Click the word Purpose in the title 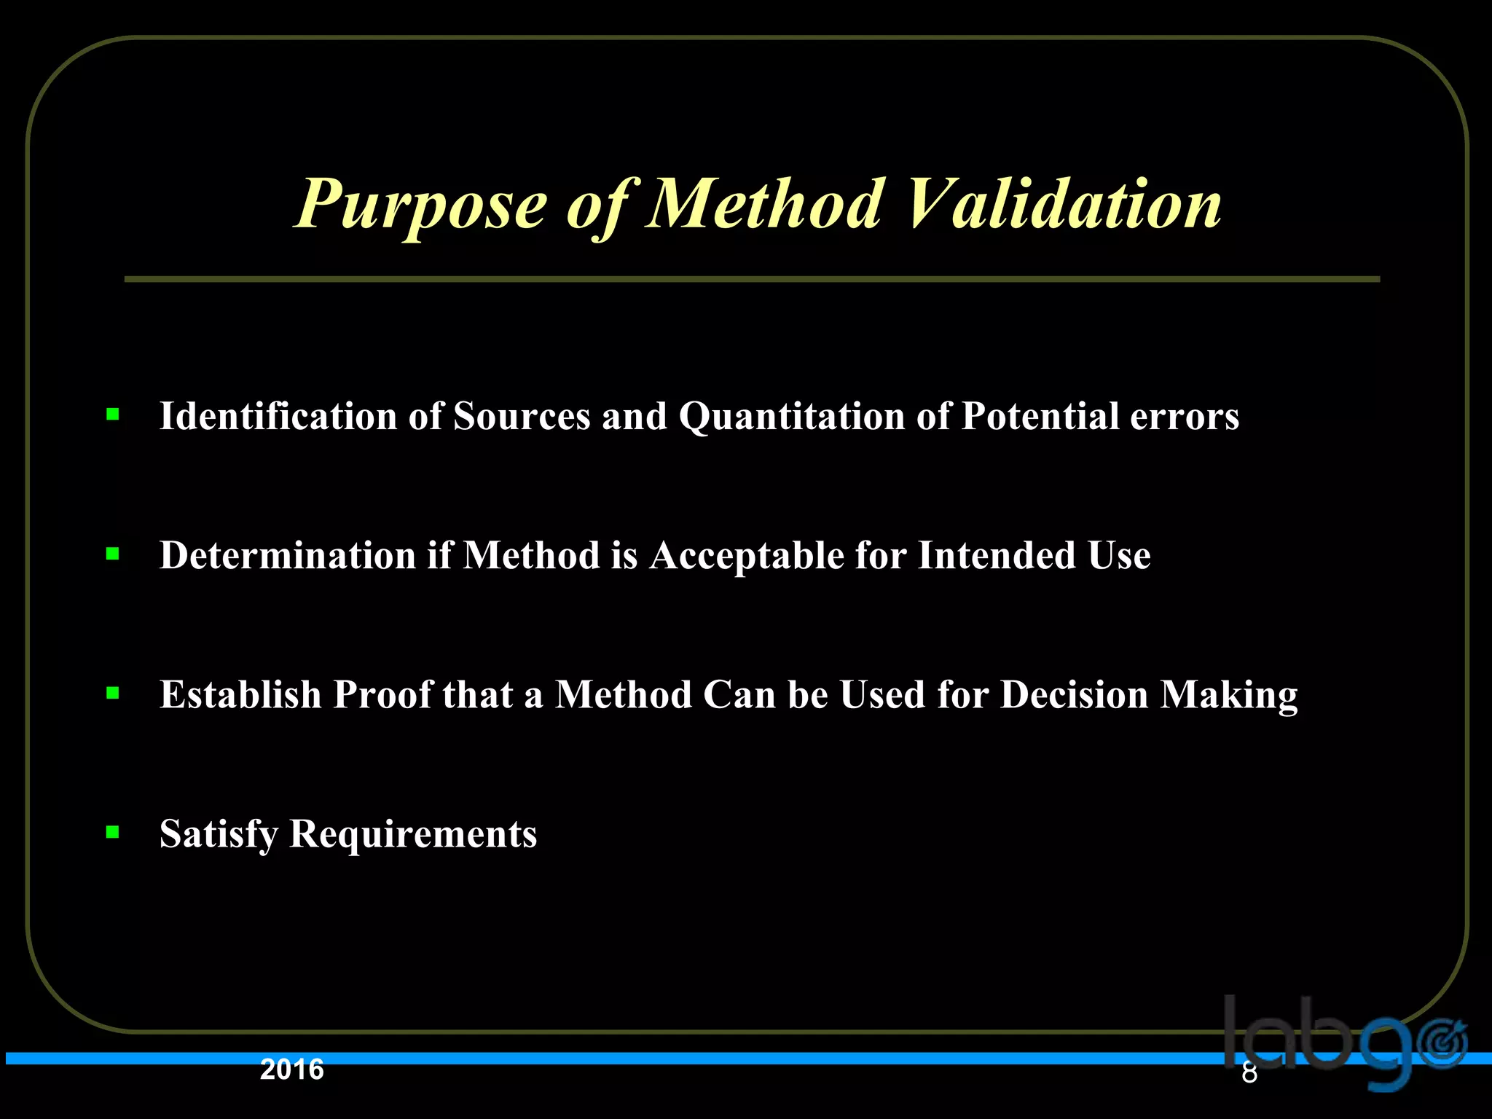click(x=421, y=207)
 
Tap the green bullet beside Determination click(x=113, y=554)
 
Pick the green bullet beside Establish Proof click(x=113, y=694)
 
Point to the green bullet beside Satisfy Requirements click(x=113, y=832)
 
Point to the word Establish click(x=240, y=694)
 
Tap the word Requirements click(x=413, y=833)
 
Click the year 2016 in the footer click(x=292, y=1069)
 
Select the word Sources click(x=522, y=417)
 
